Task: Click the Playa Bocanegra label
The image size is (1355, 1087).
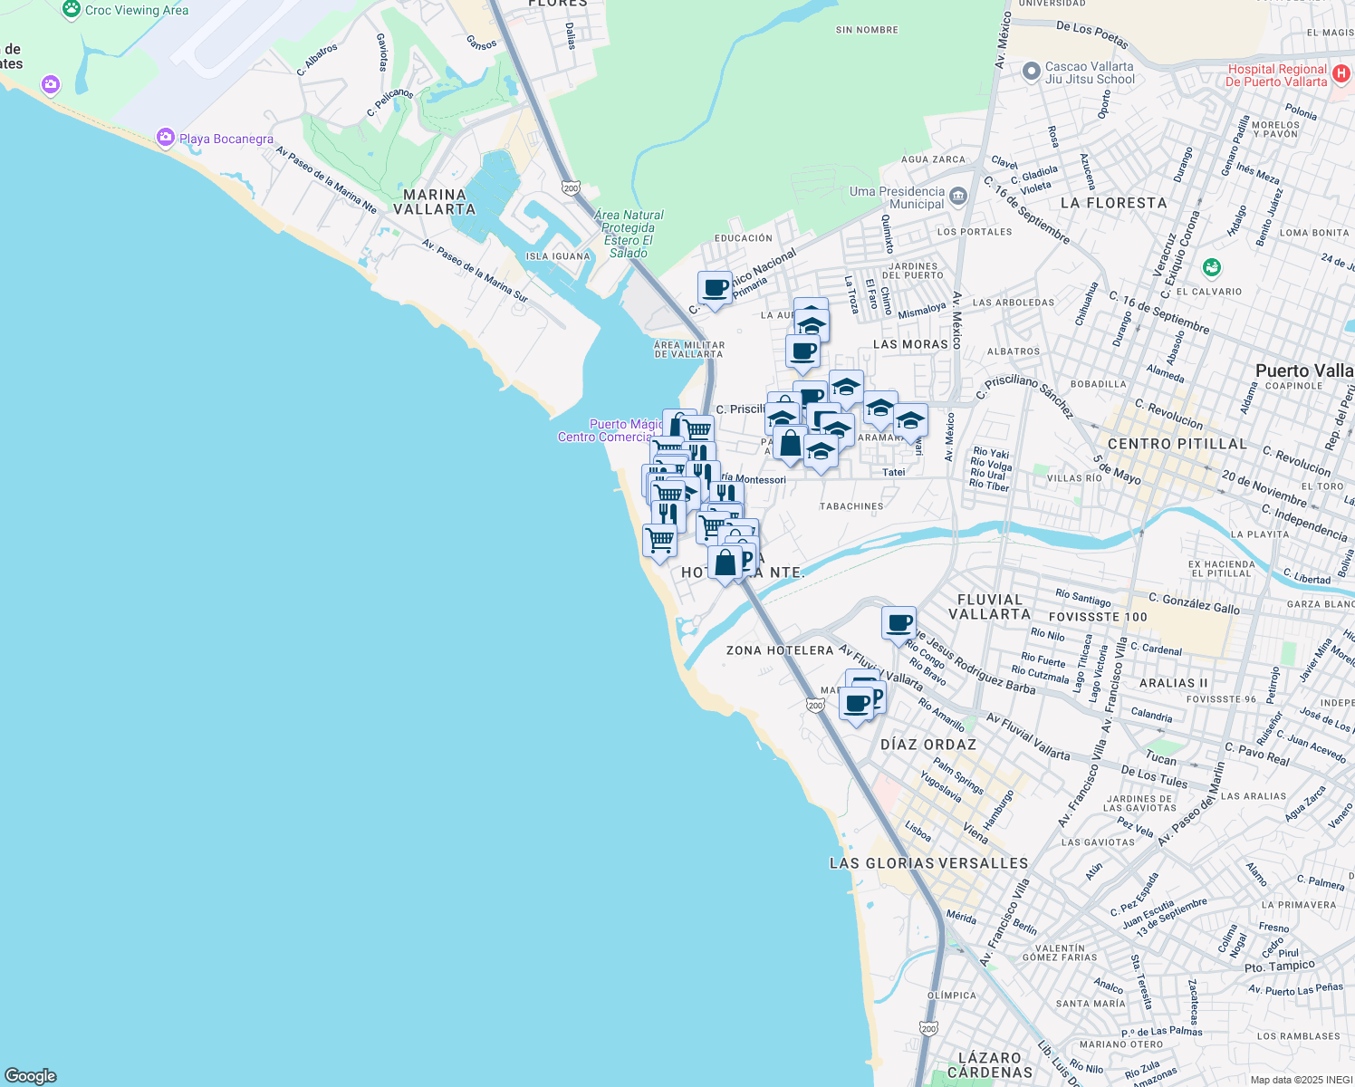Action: [226, 139]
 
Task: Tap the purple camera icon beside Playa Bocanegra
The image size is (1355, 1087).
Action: [165, 138]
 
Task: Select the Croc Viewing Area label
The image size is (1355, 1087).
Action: [137, 11]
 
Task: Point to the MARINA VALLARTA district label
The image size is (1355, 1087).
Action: [435, 202]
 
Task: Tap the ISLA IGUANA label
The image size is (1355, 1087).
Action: [558, 256]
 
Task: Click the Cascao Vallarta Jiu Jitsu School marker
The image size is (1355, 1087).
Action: [1030, 72]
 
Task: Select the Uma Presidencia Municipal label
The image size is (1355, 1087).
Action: [897, 197]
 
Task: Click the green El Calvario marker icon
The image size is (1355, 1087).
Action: [1212, 268]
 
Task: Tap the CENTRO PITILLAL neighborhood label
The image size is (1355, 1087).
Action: [1177, 444]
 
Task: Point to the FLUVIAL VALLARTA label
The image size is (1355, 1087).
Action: [989, 607]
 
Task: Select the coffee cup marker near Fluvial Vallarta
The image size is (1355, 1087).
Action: [899, 624]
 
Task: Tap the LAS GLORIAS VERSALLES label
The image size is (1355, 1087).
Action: [928, 863]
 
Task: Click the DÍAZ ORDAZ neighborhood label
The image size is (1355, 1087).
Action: [928, 745]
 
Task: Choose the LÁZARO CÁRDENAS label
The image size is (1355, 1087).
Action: [989, 1065]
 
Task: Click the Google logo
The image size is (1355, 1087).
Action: [31, 1075]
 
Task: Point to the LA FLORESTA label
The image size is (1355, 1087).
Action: [1113, 203]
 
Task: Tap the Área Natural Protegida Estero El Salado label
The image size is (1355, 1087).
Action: [629, 234]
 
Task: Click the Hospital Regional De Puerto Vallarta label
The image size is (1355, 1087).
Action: [1277, 75]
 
